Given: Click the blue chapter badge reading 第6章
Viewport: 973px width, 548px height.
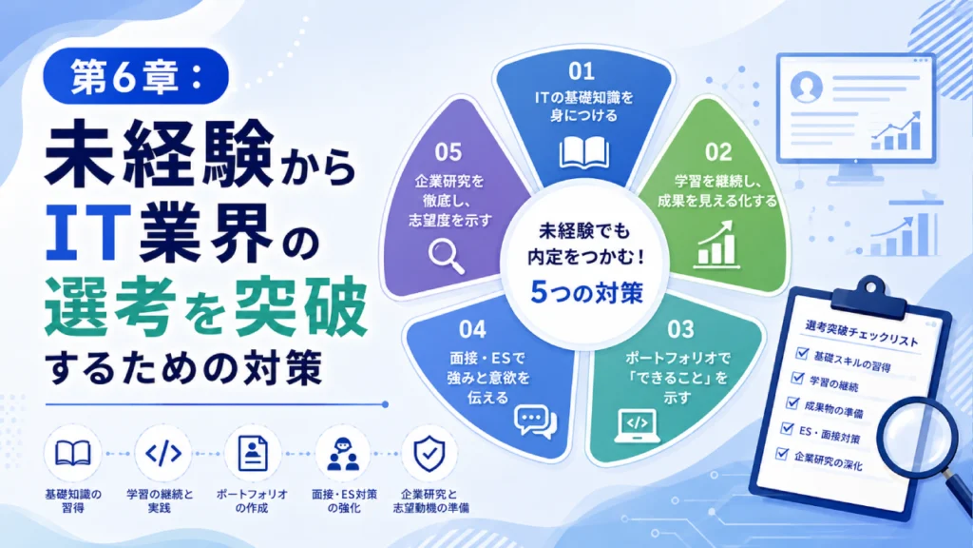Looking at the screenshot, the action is pyautogui.click(x=136, y=76).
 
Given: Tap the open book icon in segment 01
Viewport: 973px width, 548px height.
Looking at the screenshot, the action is pyautogui.click(x=584, y=152).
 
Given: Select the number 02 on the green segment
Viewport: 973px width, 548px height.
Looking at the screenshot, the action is pyautogui.click(x=718, y=152).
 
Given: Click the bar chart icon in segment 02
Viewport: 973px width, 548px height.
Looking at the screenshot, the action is pyautogui.click(x=716, y=245).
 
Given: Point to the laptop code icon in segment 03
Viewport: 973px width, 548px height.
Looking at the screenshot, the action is pyautogui.click(x=638, y=426).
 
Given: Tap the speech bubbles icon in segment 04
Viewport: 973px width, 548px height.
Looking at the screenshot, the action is pyautogui.click(x=536, y=422).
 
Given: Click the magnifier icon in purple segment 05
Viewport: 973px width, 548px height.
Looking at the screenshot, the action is pyautogui.click(x=447, y=256).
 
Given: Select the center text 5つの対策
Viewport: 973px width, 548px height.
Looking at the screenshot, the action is pyautogui.click(x=586, y=293).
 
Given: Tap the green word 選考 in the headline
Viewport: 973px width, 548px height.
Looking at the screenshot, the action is pyautogui.click(x=107, y=306).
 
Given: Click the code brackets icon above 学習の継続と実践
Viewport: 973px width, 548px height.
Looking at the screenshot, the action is pyautogui.click(x=163, y=454).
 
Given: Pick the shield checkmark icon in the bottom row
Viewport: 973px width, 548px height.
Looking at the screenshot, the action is pyautogui.click(x=429, y=454).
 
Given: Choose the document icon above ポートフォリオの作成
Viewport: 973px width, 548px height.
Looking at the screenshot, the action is pyautogui.click(x=253, y=454).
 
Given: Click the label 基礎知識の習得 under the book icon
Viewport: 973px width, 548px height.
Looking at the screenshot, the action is pyautogui.click(x=73, y=500).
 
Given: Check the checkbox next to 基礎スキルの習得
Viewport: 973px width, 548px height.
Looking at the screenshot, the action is pyautogui.click(x=802, y=354).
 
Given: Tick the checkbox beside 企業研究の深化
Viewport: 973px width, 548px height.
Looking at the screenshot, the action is pyautogui.click(x=782, y=454).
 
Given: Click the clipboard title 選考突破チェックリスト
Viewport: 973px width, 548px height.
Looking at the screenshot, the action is pyautogui.click(x=862, y=334).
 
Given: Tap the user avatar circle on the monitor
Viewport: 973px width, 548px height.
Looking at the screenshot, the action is pyautogui.click(x=807, y=87).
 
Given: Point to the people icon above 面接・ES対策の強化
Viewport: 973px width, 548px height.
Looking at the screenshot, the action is pyautogui.click(x=343, y=454).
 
